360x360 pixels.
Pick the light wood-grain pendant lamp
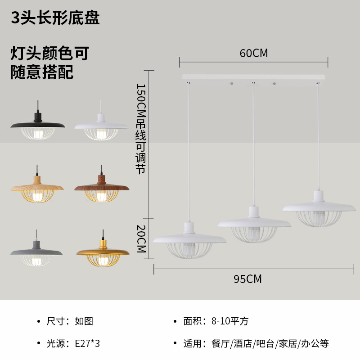tap(38, 187)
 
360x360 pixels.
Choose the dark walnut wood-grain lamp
tap(102, 187)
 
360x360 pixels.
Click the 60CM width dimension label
tap(253, 53)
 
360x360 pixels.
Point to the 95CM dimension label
tap(247, 279)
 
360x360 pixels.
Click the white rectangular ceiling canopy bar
tap(253, 77)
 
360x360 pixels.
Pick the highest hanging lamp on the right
tap(318, 207)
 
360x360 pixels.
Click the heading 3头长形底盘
tap(55, 18)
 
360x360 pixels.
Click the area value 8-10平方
tap(229, 321)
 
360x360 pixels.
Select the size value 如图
tap(84, 321)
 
